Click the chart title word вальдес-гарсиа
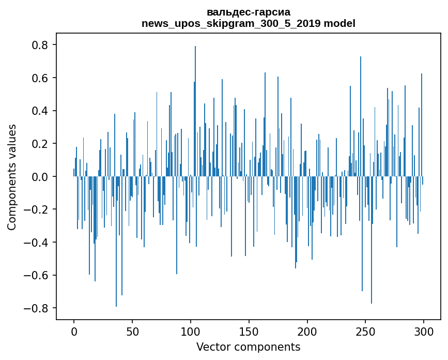(249, 12)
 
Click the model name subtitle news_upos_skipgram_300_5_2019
(231, 24)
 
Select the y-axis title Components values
(12, 177)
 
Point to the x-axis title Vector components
(248, 347)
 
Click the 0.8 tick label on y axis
(40, 46)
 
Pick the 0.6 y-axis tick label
(40, 78)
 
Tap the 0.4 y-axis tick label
(40, 111)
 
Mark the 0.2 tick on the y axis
(40, 144)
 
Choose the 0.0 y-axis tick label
(40, 177)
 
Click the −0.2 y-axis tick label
(36, 209)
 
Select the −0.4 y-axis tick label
(36, 243)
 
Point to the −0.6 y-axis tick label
(36, 275)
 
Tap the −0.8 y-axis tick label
(36, 308)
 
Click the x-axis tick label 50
(132, 331)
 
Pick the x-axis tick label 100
(190, 331)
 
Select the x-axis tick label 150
(249, 331)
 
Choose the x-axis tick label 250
(365, 331)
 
